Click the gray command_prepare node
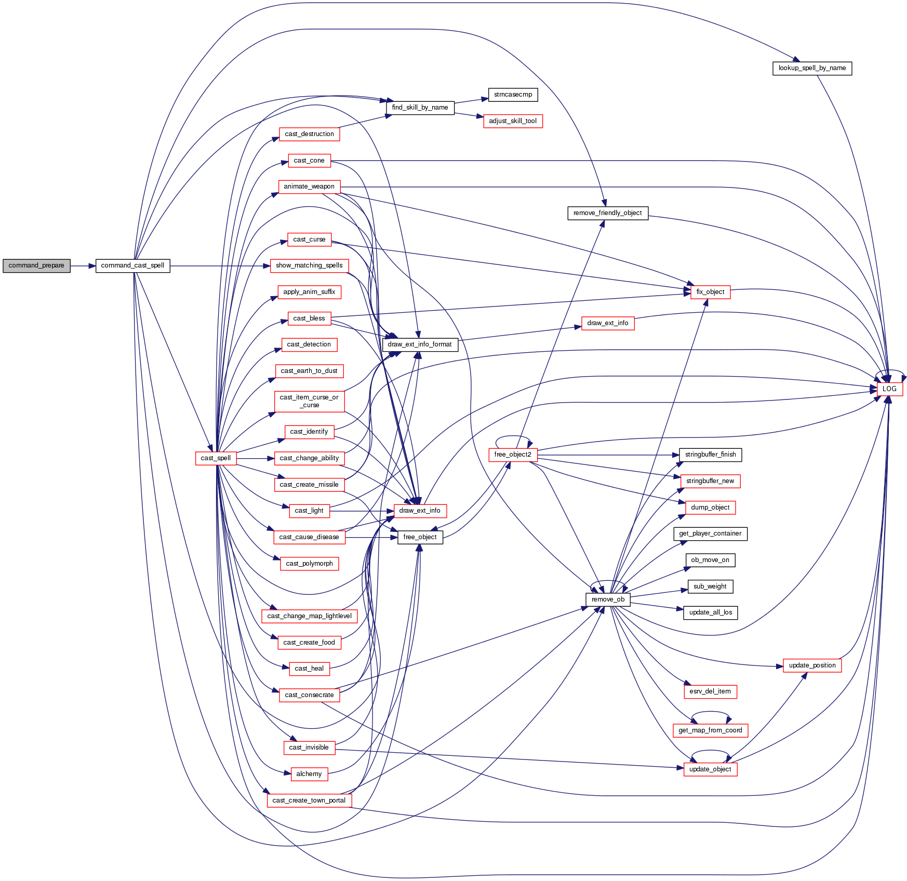click(x=36, y=265)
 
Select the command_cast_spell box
click(x=132, y=265)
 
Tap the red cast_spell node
click(x=216, y=458)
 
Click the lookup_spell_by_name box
click(x=812, y=68)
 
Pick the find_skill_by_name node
click(x=420, y=108)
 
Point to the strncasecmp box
click(x=513, y=95)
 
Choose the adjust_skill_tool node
click(x=513, y=121)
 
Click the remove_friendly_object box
click(x=607, y=213)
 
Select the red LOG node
click(x=889, y=389)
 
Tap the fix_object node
click(x=710, y=292)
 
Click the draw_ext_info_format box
click(x=420, y=344)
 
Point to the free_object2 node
click(x=513, y=455)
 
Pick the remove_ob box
click(x=608, y=599)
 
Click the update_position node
click(x=812, y=665)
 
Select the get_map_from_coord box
click(x=710, y=730)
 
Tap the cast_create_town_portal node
click(x=309, y=800)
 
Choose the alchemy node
click(x=309, y=774)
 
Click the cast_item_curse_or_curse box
click(x=309, y=402)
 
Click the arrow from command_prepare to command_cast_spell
click(x=83, y=266)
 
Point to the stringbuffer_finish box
click(x=710, y=455)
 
